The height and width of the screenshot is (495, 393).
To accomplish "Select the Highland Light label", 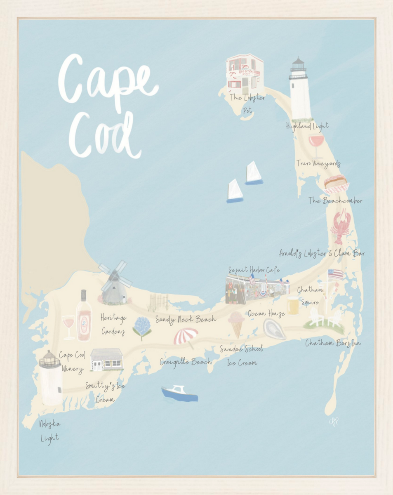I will click(307, 126).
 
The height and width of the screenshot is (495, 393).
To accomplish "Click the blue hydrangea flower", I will click(142, 327).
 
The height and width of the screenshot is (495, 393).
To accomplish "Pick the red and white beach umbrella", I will click(186, 337).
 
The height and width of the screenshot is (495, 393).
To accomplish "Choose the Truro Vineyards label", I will click(318, 164).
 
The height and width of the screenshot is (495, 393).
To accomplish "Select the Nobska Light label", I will click(49, 430).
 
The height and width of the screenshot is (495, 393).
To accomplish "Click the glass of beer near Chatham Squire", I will click(293, 305).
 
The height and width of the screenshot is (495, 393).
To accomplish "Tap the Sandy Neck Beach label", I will click(186, 319).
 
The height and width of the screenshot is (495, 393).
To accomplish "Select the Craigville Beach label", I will click(186, 362).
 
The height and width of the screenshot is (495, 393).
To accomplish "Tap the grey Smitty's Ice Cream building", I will click(106, 359).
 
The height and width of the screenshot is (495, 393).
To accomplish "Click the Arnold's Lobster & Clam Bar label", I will click(322, 253).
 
